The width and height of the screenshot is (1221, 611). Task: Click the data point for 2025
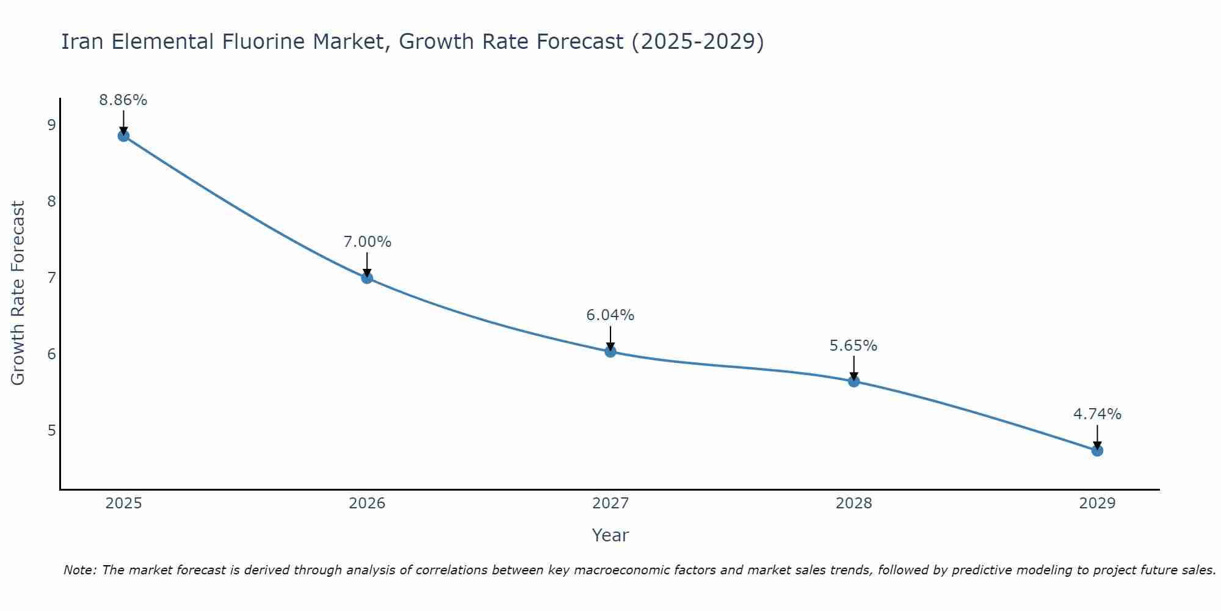point(123,136)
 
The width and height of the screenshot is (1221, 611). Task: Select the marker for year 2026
point(367,278)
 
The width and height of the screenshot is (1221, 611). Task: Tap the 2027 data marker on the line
point(610,351)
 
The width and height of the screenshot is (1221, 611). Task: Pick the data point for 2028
point(853,381)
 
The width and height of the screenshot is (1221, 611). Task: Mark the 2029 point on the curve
point(1097,450)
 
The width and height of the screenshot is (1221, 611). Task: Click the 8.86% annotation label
point(123,100)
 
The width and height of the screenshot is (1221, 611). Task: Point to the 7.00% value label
point(367,242)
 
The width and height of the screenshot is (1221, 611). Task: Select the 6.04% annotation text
point(610,315)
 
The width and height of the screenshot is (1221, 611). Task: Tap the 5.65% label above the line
point(853,346)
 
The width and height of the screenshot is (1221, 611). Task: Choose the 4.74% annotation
point(1097,414)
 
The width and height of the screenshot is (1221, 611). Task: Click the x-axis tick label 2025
point(123,503)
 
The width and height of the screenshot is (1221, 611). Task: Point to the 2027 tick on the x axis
point(610,503)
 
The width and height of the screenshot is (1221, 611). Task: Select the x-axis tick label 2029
point(1097,503)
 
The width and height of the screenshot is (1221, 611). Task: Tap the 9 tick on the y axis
point(51,125)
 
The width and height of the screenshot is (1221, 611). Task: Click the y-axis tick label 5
point(51,431)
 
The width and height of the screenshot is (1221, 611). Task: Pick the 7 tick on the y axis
point(51,278)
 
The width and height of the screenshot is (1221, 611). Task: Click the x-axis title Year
point(610,535)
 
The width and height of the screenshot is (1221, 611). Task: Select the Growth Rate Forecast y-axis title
point(18,293)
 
